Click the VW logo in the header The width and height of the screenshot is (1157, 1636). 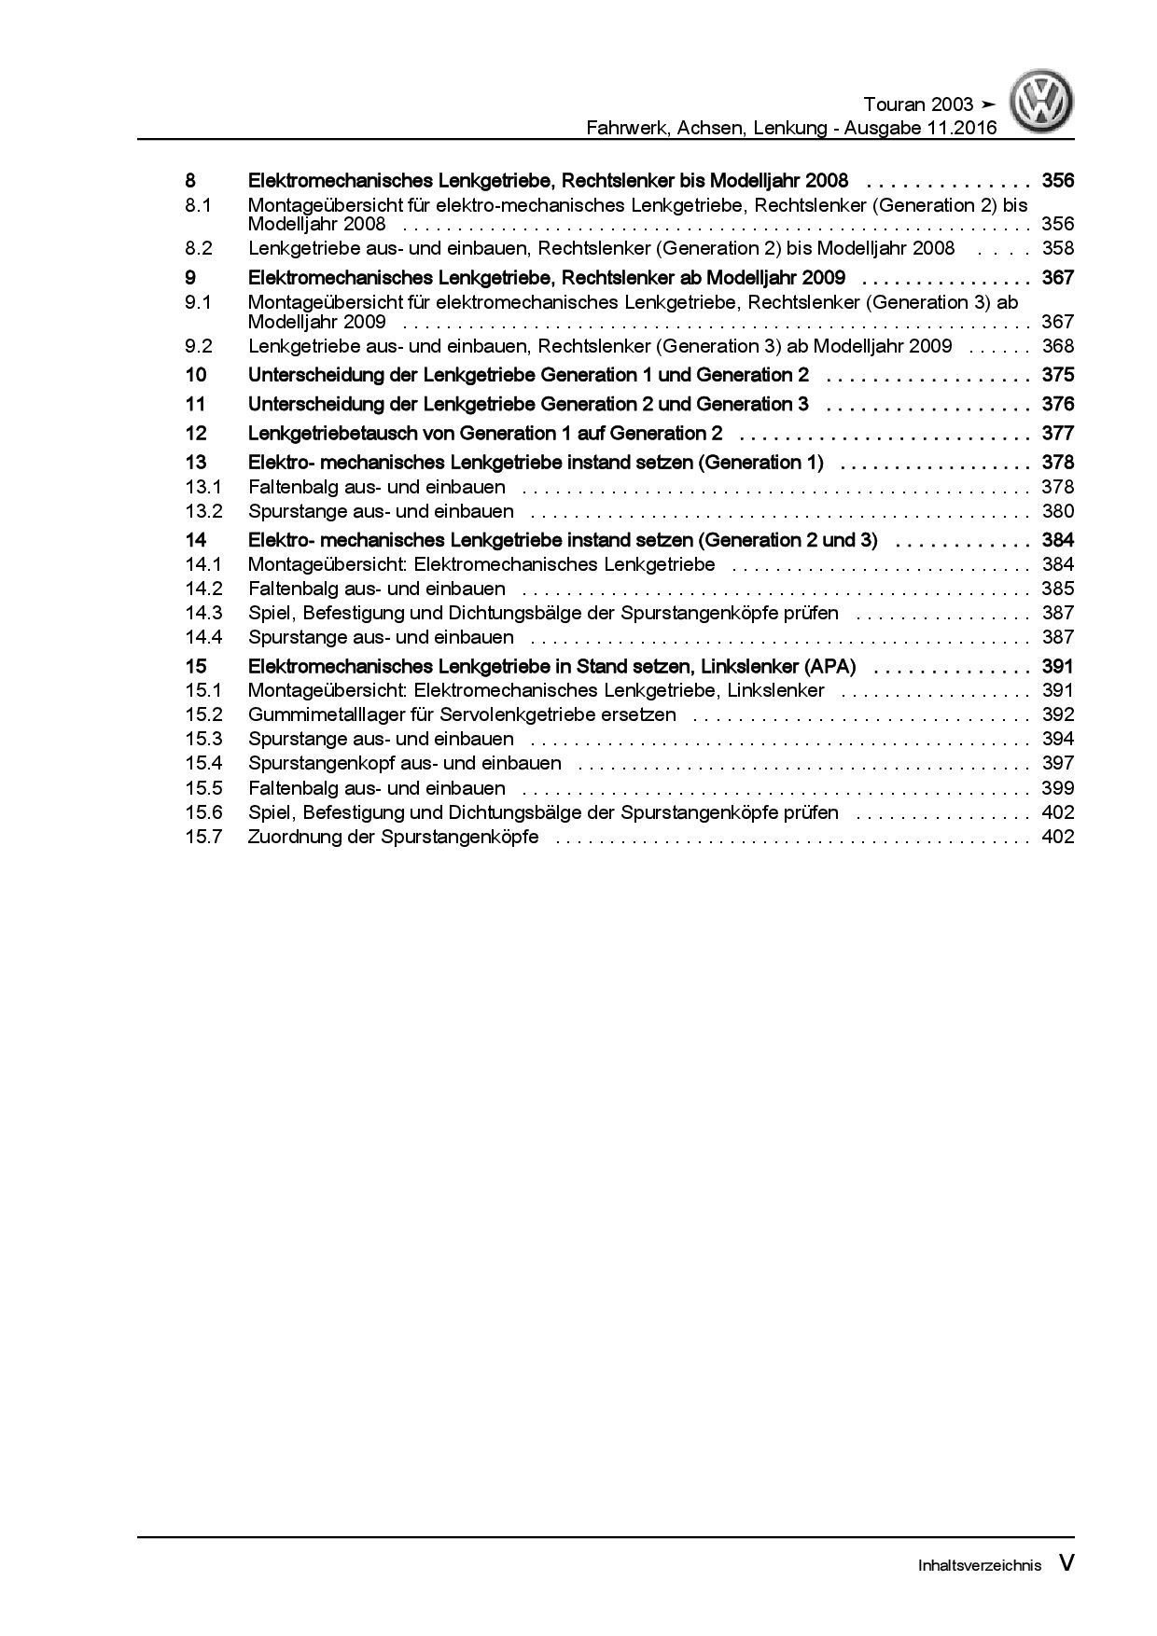point(1041,104)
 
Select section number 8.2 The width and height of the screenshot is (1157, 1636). point(199,248)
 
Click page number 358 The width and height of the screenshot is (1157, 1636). point(1058,248)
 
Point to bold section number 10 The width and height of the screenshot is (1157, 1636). point(195,375)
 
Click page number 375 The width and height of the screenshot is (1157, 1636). point(1058,375)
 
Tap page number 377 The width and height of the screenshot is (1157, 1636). point(1058,433)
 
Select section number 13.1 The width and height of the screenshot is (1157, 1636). point(203,487)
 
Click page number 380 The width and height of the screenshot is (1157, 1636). point(1058,511)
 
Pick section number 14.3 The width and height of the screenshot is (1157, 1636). point(203,613)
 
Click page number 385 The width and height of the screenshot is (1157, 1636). point(1058,589)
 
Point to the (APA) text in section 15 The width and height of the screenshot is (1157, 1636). point(827,666)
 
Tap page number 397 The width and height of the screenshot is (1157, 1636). point(1058,763)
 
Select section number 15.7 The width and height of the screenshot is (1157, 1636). point(203,836)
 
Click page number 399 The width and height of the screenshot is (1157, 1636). point(1058,787)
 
